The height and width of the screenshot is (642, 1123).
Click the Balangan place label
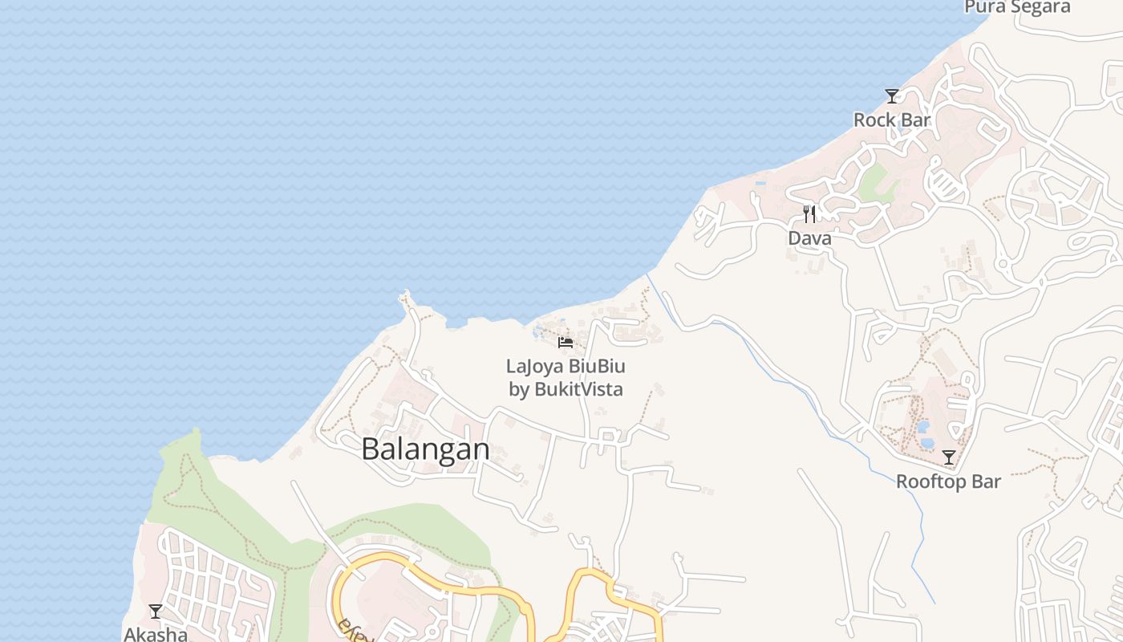point(425,449)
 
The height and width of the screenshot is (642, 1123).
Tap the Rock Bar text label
point(892,120)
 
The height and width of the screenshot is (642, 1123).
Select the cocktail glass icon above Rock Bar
point(892,96)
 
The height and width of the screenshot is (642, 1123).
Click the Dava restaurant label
point(809,238)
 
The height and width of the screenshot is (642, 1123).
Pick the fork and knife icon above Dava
point(809,214)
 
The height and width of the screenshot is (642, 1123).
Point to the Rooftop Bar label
point(948,481)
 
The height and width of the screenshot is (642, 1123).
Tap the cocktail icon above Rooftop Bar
point(949,457)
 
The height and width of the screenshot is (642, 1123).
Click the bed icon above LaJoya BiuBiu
point(566,343)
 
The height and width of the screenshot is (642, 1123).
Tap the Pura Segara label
point(1017,7)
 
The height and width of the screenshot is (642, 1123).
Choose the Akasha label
point(156,634)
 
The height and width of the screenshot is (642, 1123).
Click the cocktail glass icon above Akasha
point(156,612)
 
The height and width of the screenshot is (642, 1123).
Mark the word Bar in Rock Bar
point(915,120)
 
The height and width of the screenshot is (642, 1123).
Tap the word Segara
point(1040,7)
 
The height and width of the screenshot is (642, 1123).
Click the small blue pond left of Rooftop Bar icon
point(926,441)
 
